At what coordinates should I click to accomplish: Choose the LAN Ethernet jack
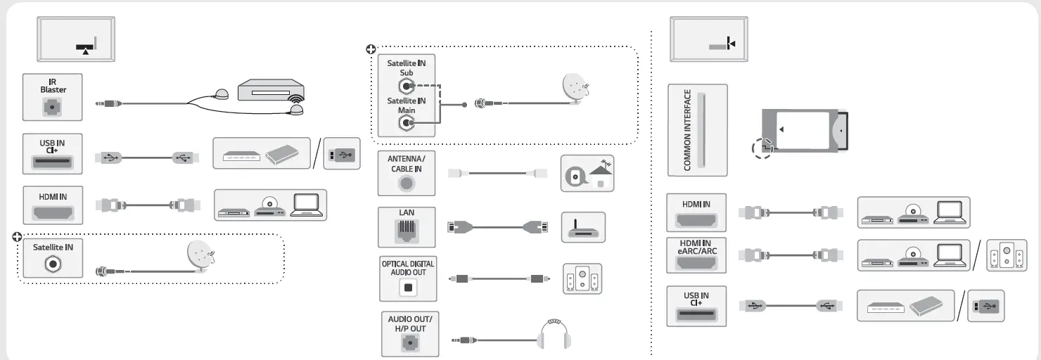407,230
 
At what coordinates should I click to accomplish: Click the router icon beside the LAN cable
583,227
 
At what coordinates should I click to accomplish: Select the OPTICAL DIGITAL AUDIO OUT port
407,285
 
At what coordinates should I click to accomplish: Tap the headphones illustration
554,336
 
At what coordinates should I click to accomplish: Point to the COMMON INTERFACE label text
688,130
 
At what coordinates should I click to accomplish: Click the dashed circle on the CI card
762,147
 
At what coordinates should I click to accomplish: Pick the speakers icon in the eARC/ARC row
1002,256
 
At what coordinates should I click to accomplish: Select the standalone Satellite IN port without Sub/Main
53,267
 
